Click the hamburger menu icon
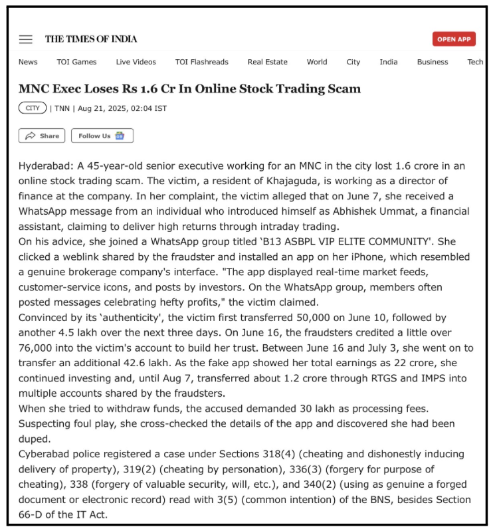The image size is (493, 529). [x=26, y=39]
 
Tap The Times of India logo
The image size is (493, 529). [x=91, y=39]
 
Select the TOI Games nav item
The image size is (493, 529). [x=76, y=62]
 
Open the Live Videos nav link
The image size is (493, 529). [x=136, y=62]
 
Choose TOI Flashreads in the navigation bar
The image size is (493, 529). [x=201, y=62]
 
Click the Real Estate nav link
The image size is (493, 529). [x=267, y=62]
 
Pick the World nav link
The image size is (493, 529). [x=316, y=62]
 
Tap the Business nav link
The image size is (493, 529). [x=433, y=62]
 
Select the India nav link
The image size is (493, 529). [x=389, y=62]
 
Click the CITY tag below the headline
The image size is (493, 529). [x=33, y=108]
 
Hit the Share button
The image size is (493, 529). [x=42, y=136]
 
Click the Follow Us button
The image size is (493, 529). [x=102, y=136]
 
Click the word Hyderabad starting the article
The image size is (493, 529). [x=45, y=165]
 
